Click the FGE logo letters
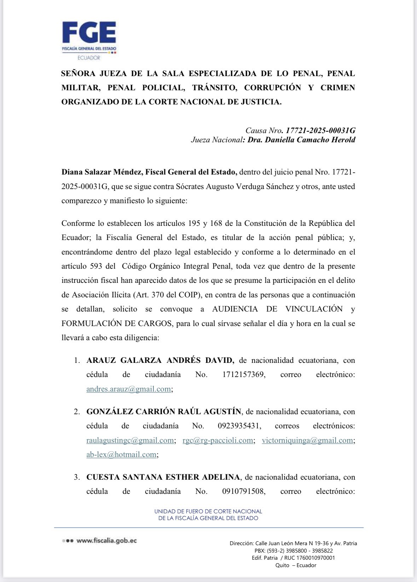(89, 33)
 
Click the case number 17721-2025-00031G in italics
(320, 130)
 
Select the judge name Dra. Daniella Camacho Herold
(301, 140)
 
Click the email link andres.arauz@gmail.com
(129, 389)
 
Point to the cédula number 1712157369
(243, 375)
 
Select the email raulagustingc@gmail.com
(130, 440)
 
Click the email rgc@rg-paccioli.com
(218, 440)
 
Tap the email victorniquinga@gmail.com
(307, 440)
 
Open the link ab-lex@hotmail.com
(121, 454)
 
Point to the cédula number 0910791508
(243, 491)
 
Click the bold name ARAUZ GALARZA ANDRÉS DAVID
(160, 360)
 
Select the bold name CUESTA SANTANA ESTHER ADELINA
(163, 477)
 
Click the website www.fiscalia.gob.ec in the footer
(106, 541)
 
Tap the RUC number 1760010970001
(314, 558)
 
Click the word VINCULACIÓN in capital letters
(314, 309)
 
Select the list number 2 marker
(77, 412)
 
